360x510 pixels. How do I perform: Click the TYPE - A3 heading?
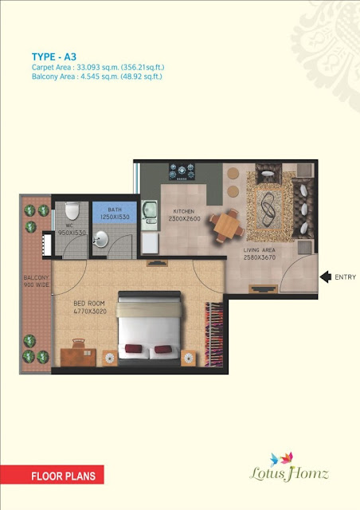[54, 57]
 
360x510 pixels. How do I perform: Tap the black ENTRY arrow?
[326, 277]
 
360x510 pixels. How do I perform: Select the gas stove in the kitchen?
[182, 172]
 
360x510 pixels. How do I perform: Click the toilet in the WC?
[72, 210]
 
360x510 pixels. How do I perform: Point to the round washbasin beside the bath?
[100, 239]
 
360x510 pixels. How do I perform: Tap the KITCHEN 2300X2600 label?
[184, 215]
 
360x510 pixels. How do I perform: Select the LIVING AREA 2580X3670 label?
[260, 253]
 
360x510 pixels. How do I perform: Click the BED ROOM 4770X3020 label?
[90, 308]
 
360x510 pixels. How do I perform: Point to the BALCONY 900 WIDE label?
[36, 281]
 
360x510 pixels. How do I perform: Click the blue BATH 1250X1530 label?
[115, 214]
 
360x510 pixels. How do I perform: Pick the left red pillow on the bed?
[133, 349]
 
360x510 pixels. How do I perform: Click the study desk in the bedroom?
[78, 356]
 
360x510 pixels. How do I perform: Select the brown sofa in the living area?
[303, 208]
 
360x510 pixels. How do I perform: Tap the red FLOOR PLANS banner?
[52, 475]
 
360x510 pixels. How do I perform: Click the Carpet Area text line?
[98, 67]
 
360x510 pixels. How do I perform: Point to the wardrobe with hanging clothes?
[213, 335]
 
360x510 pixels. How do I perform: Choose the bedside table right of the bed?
[188, 358]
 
